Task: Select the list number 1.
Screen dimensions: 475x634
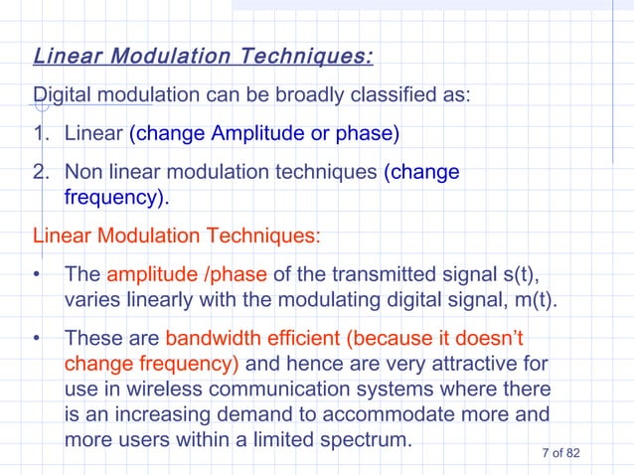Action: click(x=41, y=133)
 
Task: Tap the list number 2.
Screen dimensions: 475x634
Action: click(x=41, y=172)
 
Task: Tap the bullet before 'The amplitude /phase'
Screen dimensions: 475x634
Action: click(x=38, y=275)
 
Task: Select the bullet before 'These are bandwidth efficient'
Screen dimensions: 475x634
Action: click(x=38, y=339)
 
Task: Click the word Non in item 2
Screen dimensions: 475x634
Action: click(x=82, y=172)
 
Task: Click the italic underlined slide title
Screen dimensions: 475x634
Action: click(x=204, y=55)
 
